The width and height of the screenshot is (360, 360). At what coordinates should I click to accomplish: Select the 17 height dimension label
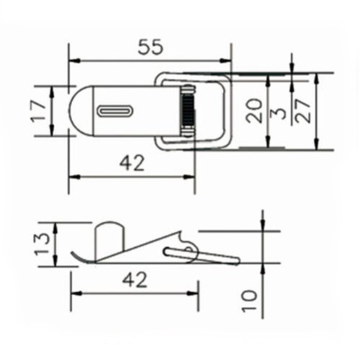click(x=39, y=111)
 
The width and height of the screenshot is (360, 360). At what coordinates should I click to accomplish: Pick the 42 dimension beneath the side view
click(x=135, y=280)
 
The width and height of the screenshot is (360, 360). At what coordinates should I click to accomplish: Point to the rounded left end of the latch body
click(x=77, y=111)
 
